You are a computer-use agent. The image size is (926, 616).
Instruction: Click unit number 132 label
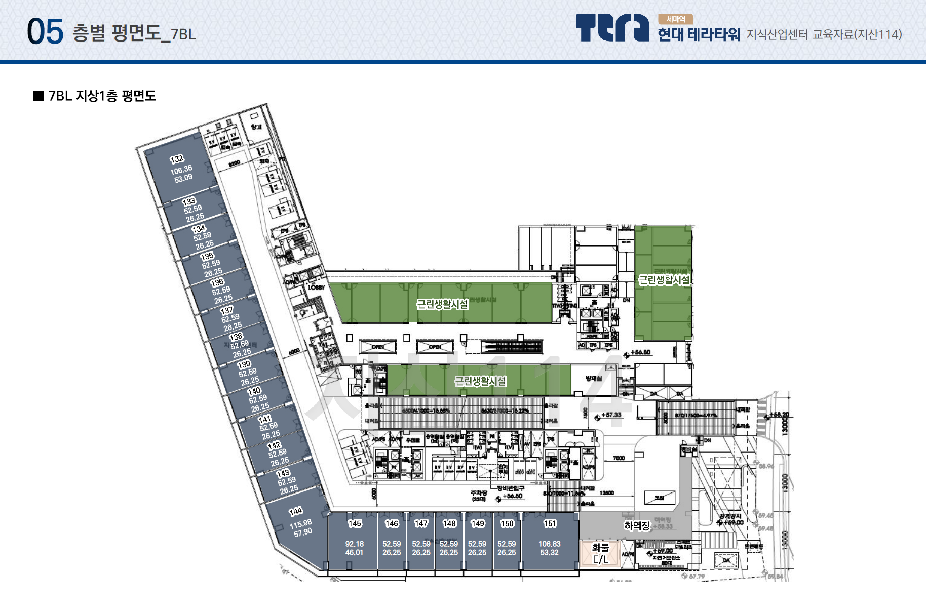tap(177, 159)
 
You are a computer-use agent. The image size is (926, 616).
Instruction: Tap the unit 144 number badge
tap(296, 511)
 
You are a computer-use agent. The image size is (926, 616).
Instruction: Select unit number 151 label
tap(550, 523)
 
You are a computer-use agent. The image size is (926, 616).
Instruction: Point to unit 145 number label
tap(355, 523)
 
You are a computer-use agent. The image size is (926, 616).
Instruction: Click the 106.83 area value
tap(549, 544)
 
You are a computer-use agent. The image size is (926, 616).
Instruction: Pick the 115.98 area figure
tap(300, 524)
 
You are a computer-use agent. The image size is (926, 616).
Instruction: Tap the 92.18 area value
tap(354, 544)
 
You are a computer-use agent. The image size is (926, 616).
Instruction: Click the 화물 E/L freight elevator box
tap(600, 553)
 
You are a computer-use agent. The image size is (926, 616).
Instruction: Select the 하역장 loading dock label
tap(637, 526)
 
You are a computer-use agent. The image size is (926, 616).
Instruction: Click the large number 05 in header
tap(45, 31)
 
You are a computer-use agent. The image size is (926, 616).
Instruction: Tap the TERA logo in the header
tap(612, 27)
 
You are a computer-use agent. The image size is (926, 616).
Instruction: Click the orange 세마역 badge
tap(675, 19)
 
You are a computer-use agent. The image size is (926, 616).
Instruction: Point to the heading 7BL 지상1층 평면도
tap(102, 96)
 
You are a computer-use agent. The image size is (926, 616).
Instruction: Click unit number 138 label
tap(236, 337)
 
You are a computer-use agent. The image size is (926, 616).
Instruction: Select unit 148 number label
tap(449, 523)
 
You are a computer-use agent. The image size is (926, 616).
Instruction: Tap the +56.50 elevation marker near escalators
tap(640, 352)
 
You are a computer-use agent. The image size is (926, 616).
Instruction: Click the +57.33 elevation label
tap(611, 415)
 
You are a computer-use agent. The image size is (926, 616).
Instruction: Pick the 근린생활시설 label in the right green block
tap(664, 280)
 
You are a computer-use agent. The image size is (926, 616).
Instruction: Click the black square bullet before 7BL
tap(38, 96)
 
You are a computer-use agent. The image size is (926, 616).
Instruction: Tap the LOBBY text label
tap(316, 288)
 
